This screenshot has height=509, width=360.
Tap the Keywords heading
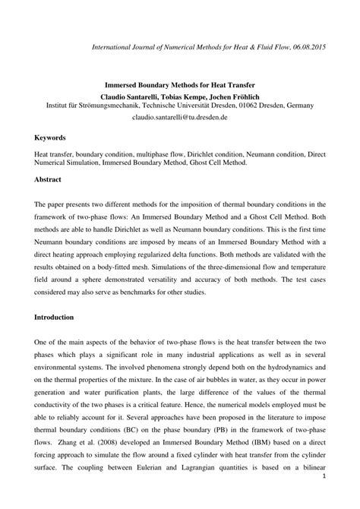tap(52, 138)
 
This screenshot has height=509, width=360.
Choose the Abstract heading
tap(49, 179)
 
